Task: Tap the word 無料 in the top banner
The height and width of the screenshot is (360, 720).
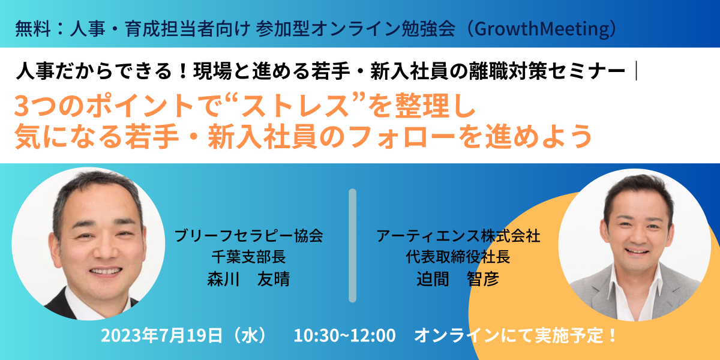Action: click(x=33, y=29)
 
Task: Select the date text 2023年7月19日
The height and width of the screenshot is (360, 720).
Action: click(x=161, y=335)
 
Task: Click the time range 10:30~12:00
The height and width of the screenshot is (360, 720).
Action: click(x=344, y=335)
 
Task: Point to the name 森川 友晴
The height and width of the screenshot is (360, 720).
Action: click(x=248, y=279)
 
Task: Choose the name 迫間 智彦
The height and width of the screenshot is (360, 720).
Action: click(x=458, y=279)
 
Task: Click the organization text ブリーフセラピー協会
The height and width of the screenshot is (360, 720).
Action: click(x=248, y=236)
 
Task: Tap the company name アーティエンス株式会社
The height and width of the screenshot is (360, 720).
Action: click(x=458, y=236)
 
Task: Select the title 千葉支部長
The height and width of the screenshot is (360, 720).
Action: click(x=248, y=257)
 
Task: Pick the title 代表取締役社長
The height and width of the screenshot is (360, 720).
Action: click(x=458, y=257)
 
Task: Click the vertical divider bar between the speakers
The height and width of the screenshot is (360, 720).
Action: click(x=353, y=245)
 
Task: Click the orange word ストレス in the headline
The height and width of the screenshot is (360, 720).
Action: click(x=295, y=106)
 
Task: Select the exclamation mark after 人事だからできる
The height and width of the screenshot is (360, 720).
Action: click(x=183, y=71)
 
